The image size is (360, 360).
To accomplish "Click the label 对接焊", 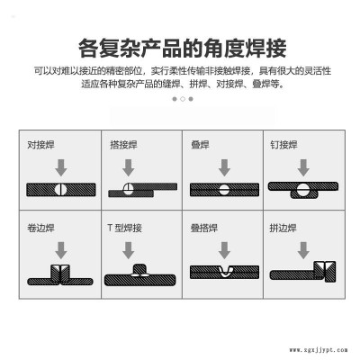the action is [40, 145].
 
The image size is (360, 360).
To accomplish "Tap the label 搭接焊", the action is [123, 145].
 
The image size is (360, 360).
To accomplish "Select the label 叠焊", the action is [200, 145].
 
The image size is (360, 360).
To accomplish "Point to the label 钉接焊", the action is [283, 145].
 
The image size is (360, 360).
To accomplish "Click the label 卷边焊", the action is [40, 228].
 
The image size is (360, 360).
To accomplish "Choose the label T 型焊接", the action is [124, 228].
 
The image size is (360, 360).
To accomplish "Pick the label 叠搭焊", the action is [204, 228].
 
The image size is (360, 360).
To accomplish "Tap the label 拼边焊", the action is [283, 228].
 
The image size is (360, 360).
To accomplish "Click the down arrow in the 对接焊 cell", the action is [61, 167].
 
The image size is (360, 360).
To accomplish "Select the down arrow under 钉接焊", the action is [303, 167].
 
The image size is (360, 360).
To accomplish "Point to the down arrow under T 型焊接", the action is [129, 250].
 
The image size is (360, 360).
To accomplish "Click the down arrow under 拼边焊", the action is [303, 250].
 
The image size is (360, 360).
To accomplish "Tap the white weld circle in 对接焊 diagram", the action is [61, 190].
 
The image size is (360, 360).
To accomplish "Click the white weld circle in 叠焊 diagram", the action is [224, 190].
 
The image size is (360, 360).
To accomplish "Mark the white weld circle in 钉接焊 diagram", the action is [303, 190].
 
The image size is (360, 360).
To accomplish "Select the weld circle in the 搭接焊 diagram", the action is [128, 189].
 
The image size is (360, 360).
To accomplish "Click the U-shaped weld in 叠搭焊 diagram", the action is [224, 272].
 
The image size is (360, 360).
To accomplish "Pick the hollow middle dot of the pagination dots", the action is [183, 99].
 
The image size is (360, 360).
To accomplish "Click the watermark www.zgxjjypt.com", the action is [319, 350].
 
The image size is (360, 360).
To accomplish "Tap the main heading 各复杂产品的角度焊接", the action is [183, 48].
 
